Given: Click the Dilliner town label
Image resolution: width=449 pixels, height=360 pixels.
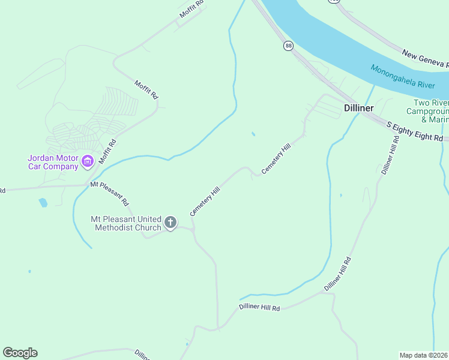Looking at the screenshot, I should (x=360, y=108).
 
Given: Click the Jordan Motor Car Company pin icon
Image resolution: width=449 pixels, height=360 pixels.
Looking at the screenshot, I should (x=88, y=160).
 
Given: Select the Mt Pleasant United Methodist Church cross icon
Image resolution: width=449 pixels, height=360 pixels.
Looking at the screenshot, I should (x=170, y=223).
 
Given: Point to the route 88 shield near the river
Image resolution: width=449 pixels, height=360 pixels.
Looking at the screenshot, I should (x=289, y=46).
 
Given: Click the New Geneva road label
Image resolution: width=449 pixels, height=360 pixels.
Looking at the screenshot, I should (x=425, y=59).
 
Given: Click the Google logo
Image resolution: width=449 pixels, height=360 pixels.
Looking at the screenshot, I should (x=20, y=353).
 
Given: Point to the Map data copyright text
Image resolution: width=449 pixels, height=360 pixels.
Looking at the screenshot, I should (x=424, y=355).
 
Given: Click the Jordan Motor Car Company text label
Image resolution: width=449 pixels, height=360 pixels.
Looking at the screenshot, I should (x=53, y=162).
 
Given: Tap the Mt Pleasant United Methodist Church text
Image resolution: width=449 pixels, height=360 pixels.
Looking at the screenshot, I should (x=126, y=223).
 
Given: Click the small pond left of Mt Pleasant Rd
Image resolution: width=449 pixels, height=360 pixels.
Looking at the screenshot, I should (x=43, y=203).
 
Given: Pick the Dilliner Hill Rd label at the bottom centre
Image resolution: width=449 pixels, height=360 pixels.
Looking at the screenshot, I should (x=259, y=308).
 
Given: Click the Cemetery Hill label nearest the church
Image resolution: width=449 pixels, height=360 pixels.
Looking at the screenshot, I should (x=205, y=202).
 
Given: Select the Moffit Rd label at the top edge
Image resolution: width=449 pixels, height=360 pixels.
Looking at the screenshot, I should (x=191, y=10).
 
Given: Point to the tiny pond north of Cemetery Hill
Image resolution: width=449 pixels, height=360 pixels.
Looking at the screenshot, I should (x=253, y=133).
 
